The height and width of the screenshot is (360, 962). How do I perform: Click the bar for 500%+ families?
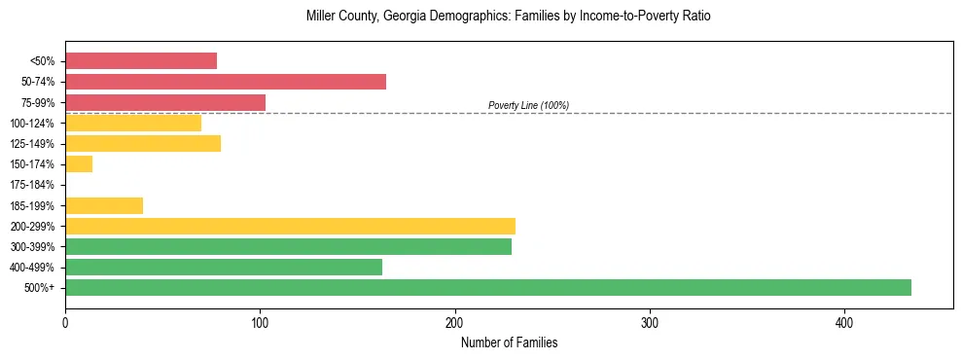[487, 287]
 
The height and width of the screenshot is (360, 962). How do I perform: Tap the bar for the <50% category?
[141, 61]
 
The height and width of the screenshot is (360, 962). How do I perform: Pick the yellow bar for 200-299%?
[290, 226]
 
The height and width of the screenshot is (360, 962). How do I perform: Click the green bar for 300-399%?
[288, 246]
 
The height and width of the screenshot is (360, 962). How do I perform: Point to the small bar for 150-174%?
[79, 164]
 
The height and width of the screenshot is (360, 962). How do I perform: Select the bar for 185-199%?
[104, 205]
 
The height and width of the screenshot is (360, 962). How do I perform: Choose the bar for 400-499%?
[224, 267]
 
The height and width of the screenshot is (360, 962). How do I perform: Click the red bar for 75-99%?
[165, 102]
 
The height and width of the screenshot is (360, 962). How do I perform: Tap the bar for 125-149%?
[143, 144]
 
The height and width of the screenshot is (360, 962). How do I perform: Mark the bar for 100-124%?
[133, 123]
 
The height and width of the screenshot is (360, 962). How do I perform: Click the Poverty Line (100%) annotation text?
[528, 105]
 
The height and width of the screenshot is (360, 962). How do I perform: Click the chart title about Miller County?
[509, 17]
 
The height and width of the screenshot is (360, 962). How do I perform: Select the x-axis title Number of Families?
[509, 343]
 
